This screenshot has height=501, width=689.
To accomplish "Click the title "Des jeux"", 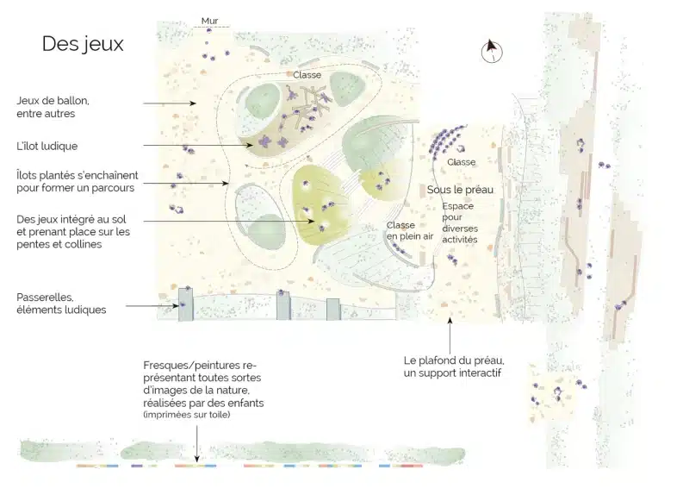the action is tap(83, 44).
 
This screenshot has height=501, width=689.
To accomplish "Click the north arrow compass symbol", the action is tap(491, 51).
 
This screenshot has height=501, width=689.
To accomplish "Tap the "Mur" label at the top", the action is tap(209, 21).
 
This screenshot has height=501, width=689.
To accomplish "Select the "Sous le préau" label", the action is tap(460, 190).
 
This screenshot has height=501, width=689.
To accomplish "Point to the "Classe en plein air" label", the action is tap(410, 231).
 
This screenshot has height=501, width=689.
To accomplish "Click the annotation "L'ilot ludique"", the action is tap(47, 146).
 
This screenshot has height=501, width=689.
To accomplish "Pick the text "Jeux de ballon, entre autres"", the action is tap(53, 107).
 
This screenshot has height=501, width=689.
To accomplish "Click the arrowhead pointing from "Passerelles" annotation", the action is tap(177, 306).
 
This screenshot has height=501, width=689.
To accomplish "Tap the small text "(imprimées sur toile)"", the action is tap(187, 415).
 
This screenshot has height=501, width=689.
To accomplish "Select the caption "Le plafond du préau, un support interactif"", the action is tap(454, 366).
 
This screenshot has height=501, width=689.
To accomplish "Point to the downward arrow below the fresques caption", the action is tap(197, 444).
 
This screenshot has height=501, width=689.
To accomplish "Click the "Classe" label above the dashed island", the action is tap(307, 75).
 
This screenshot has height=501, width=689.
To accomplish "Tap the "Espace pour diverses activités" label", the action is tap(460, 223).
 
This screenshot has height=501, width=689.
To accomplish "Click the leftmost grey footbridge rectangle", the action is tap(185, 304).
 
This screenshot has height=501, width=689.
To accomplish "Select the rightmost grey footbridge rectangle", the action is tap(333, 310).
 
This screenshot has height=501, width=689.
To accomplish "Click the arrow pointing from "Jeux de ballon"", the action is tap(170, 103).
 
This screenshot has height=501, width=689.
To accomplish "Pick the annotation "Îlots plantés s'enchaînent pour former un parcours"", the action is tap(78, 182).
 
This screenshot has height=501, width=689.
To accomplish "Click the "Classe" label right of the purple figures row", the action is tap(462, 162).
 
